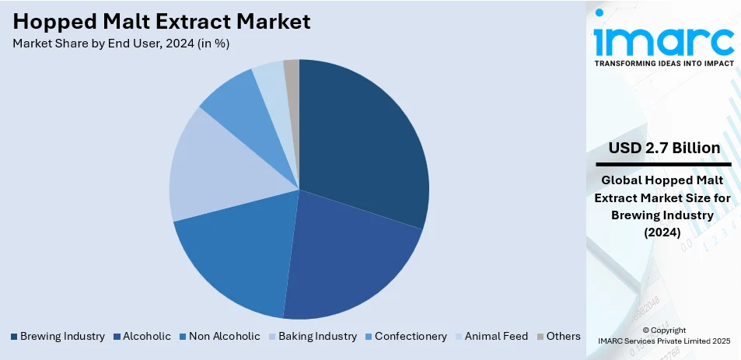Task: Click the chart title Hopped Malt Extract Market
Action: coord(162,21)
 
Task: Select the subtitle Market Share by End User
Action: coord(121,44)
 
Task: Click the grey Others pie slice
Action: coord(292,70)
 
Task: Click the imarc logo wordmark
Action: coord(663,39)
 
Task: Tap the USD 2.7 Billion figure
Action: coord(663,148)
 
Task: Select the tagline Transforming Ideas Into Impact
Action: coord(663,64)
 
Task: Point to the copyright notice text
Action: coord(663,335)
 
